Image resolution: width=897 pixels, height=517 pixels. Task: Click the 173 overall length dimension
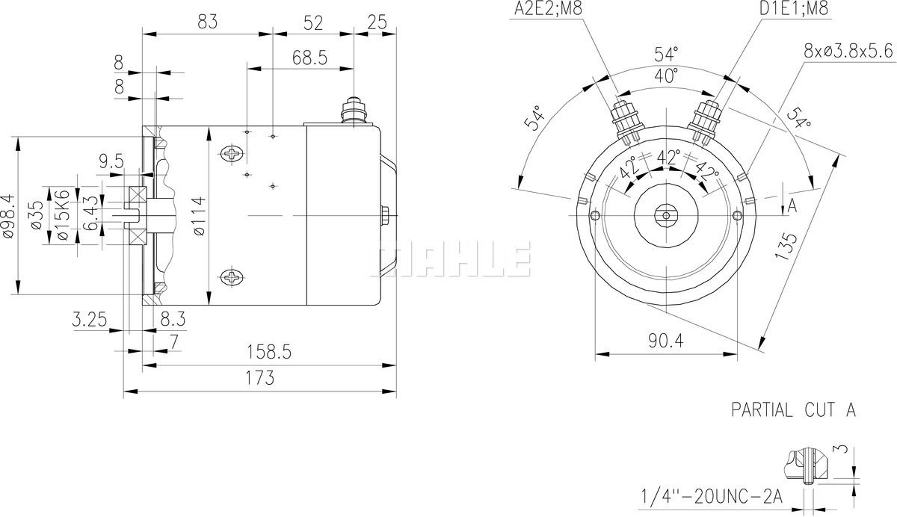click(260, 378)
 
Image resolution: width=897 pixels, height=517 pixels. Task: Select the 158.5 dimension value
click(268, 352)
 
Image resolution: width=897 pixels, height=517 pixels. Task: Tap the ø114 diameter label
click(199, 216)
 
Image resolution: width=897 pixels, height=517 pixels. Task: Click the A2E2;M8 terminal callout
click(548, 8)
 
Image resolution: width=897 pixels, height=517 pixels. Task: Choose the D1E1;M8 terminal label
click(794, 8)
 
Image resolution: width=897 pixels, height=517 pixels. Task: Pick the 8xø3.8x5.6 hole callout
click(848, 52)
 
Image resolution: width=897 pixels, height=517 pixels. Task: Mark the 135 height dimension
click(786, 246)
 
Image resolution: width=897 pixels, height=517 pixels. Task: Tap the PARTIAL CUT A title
click(793, 410)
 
